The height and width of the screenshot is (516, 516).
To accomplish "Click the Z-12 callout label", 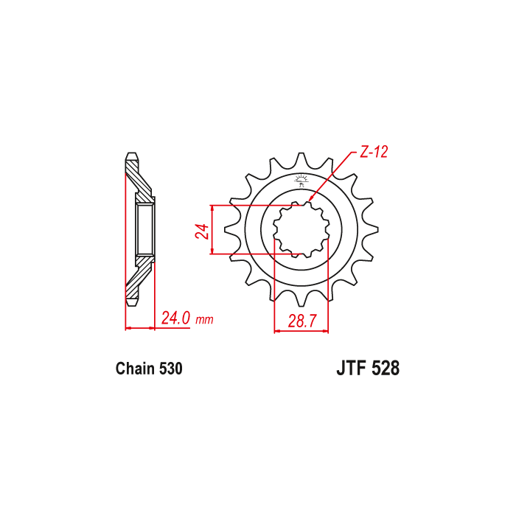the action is pos(374,152).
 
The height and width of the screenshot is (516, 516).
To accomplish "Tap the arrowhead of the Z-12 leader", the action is pos(310,198).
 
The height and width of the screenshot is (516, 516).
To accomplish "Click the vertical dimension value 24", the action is pos(202,231).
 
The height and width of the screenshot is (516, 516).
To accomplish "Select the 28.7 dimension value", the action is pos(302,321).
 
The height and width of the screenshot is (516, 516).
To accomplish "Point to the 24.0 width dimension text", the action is pos(175,318).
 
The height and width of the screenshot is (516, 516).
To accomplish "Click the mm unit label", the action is pos(204,319).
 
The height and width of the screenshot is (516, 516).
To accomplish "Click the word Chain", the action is pos(135,369).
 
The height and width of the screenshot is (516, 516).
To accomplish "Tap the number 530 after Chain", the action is pos(170,369).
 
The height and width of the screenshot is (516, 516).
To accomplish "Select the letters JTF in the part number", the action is pos(352,369).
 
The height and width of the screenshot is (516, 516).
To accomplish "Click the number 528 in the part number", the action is pos(386,369).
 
